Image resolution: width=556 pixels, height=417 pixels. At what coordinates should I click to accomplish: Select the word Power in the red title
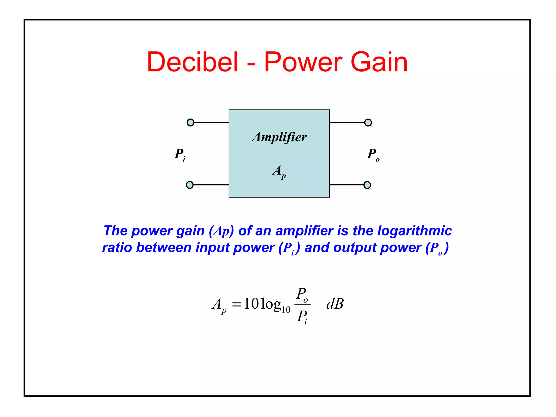(x=303, y=62)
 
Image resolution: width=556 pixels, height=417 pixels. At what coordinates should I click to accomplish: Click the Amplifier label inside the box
(x=279, y=137)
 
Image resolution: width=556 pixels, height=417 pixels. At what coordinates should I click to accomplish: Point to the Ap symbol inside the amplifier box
(x=279, y=172)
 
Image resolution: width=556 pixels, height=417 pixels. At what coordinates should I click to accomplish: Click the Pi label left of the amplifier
(x=180, y=154)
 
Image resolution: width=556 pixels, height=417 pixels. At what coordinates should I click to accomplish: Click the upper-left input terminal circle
(x=191, y=122)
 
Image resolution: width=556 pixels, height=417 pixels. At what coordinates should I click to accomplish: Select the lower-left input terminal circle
(x=190, y=185)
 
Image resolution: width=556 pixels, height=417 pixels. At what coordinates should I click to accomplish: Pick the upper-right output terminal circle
(x=368, y=122)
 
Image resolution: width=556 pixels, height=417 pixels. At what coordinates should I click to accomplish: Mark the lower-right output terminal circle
(x=367, y=185)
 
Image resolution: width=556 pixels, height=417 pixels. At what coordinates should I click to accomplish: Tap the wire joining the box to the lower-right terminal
(x=346, y=185)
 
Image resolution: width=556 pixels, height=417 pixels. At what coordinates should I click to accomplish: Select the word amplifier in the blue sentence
(x=304, y=231)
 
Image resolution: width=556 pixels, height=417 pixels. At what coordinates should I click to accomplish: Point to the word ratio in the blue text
(x=117, y=248)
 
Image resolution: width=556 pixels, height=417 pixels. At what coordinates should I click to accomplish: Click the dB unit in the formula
(x=335, y=304)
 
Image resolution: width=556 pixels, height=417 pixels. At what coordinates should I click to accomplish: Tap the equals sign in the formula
(x=236, y=304)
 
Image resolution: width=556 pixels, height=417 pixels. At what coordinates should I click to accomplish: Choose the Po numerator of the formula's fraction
(x=302, y=294)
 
